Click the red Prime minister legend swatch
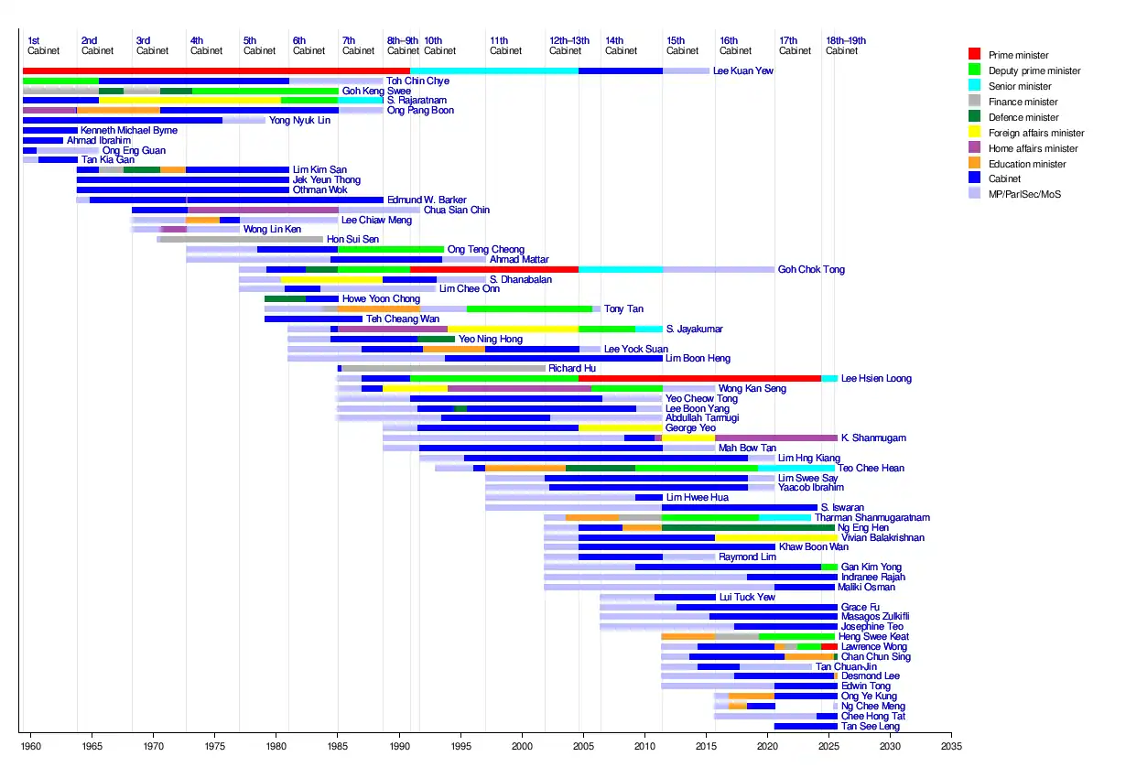tap(974, 55)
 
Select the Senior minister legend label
tap(1020, 86)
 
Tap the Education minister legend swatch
tap(974, 164)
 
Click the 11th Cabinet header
tap(505, 46)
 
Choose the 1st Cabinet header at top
tap(42, 46)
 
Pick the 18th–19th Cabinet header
tap(845, 46)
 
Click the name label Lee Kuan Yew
tap(742, 70)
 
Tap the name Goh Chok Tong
tap(811, 270)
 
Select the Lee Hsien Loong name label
tap(876, 379)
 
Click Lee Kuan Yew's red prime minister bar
tap(216, 70)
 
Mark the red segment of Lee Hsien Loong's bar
tap(699, 378)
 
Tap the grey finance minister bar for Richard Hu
tap(443, 368)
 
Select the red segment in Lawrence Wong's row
tap(829, 647)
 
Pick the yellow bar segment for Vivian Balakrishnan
tap(774, 538)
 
